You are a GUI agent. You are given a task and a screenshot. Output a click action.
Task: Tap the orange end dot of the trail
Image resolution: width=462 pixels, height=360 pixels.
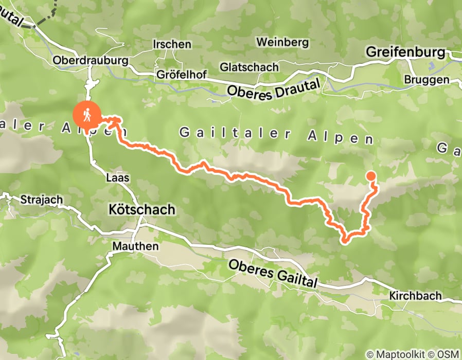pyautogui.click(x=371, y=176)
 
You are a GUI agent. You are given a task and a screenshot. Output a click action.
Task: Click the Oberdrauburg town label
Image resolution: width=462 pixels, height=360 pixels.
pyautogui.click(x=91, y=61)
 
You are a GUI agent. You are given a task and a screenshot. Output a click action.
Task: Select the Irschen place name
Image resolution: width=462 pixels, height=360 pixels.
pyautogui.click(x=172, y=45)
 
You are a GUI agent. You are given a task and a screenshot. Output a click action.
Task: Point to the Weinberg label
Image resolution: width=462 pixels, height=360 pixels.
pyautogui.click(x=283, y=42)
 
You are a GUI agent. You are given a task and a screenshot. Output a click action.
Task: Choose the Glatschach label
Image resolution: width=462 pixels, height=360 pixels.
pyautogui.click(x=249, y=67)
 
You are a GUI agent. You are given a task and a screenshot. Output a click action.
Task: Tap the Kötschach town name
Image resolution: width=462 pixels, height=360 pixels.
pyautogui.click(x=142, y=210)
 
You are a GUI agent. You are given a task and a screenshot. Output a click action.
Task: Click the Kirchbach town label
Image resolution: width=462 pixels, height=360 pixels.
pyautogui.click(x=415, y=297)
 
